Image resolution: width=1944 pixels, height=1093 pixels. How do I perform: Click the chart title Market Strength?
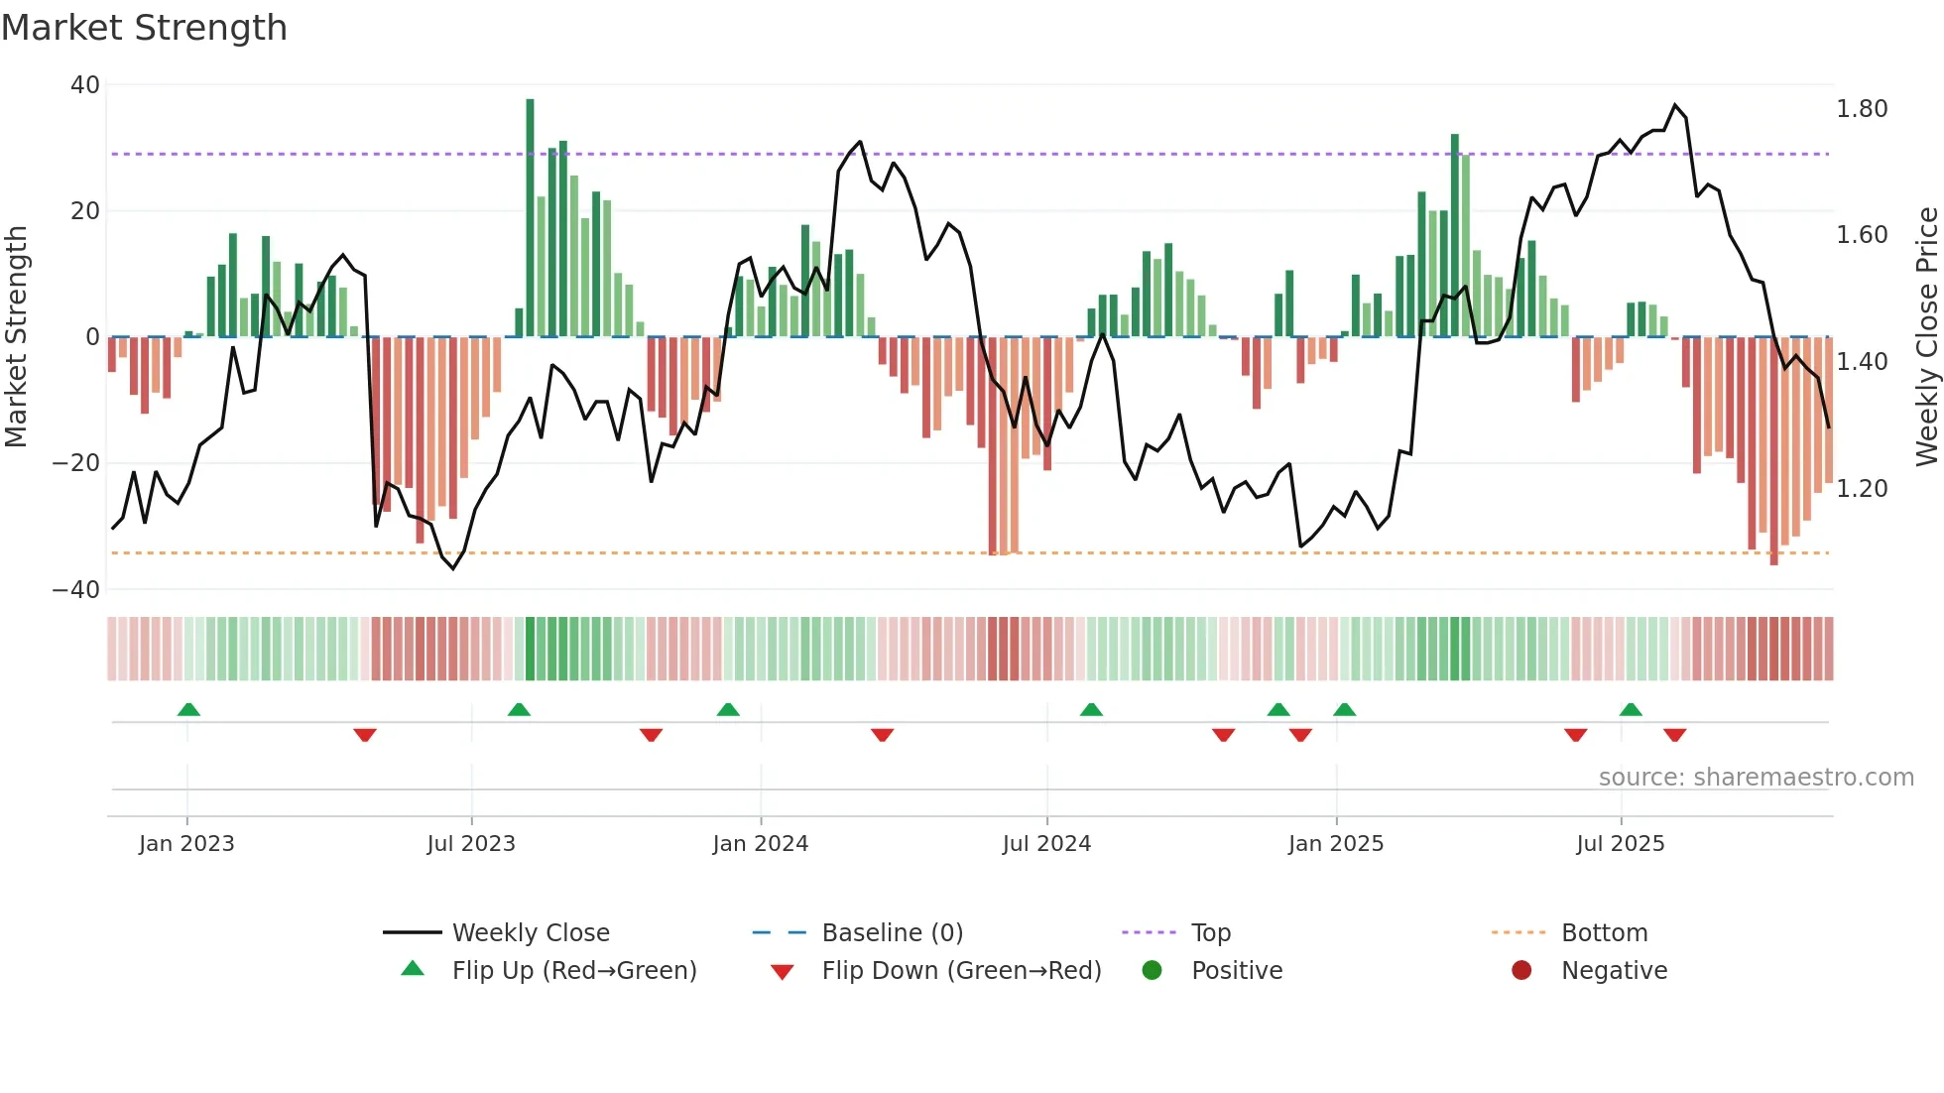coord(144,28)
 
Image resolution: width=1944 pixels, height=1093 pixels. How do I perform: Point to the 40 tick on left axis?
coord(85,85)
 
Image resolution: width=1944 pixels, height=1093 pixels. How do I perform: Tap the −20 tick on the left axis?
coord(76,463)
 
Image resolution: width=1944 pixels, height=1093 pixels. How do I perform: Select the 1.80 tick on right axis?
coord(1862,109)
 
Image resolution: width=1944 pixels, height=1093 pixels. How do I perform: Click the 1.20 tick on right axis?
coord(1862,489)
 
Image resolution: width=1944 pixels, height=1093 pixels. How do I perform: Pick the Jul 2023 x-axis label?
coord(471,844)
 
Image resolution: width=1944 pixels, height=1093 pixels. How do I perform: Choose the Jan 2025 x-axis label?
coord(1335,844)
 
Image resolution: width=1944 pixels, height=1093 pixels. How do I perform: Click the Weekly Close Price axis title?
coord(1926,337)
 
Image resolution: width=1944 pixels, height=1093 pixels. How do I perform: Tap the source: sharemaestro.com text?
coord(1756,778)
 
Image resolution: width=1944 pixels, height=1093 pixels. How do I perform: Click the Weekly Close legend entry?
coord(530,933)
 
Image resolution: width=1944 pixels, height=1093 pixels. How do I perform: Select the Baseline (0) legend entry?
coord(892,933)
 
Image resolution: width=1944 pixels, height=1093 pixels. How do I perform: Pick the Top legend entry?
coord(1210,933)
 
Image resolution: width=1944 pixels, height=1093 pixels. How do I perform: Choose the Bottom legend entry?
coord(1604,933)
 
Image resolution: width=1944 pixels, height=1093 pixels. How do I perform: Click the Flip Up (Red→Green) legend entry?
coord(573,971)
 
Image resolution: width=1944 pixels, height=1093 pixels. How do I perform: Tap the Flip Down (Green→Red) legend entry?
coord(960,971)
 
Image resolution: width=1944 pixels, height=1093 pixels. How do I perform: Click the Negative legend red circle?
coord(1521,971)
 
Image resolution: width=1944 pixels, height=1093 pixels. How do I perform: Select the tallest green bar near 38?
coord(530,218)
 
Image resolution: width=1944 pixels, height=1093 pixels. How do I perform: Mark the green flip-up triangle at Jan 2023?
coord(188,709)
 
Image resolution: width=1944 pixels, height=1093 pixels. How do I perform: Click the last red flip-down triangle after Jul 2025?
coord(1675,735)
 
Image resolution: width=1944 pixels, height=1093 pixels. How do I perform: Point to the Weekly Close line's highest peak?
coord(1675,105)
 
